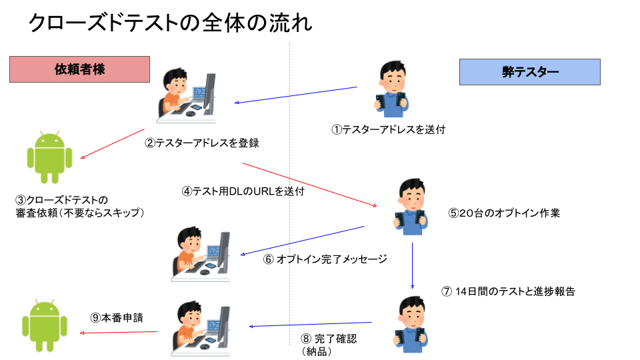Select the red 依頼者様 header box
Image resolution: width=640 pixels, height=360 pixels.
tap(79, 69)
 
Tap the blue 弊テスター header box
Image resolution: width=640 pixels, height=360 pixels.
tap(530, 72)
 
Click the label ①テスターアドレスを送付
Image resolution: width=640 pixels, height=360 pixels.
tap(388, 130)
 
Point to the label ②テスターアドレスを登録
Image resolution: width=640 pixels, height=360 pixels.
tap(202, 143)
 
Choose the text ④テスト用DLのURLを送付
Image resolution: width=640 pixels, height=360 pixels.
tap(243, 191)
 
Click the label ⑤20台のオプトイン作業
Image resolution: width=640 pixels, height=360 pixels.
tap(504, 213)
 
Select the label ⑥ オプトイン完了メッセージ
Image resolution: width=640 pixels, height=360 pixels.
tap(325, 259)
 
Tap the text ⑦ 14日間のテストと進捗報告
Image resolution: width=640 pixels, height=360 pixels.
tap(508, 291)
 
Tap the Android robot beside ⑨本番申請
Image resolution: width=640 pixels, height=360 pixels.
tap(45, 325)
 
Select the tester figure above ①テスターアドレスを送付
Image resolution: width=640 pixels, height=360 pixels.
tap(391, 89)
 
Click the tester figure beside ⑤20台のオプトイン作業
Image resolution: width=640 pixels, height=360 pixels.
tap(411, 207)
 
